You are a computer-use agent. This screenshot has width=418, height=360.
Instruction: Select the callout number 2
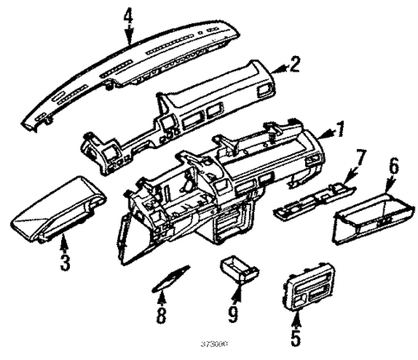(x=295, y=63)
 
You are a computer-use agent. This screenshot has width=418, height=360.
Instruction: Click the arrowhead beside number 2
(x=278, y=65)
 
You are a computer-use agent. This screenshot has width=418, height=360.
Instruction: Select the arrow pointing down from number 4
(x=129, y=36)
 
